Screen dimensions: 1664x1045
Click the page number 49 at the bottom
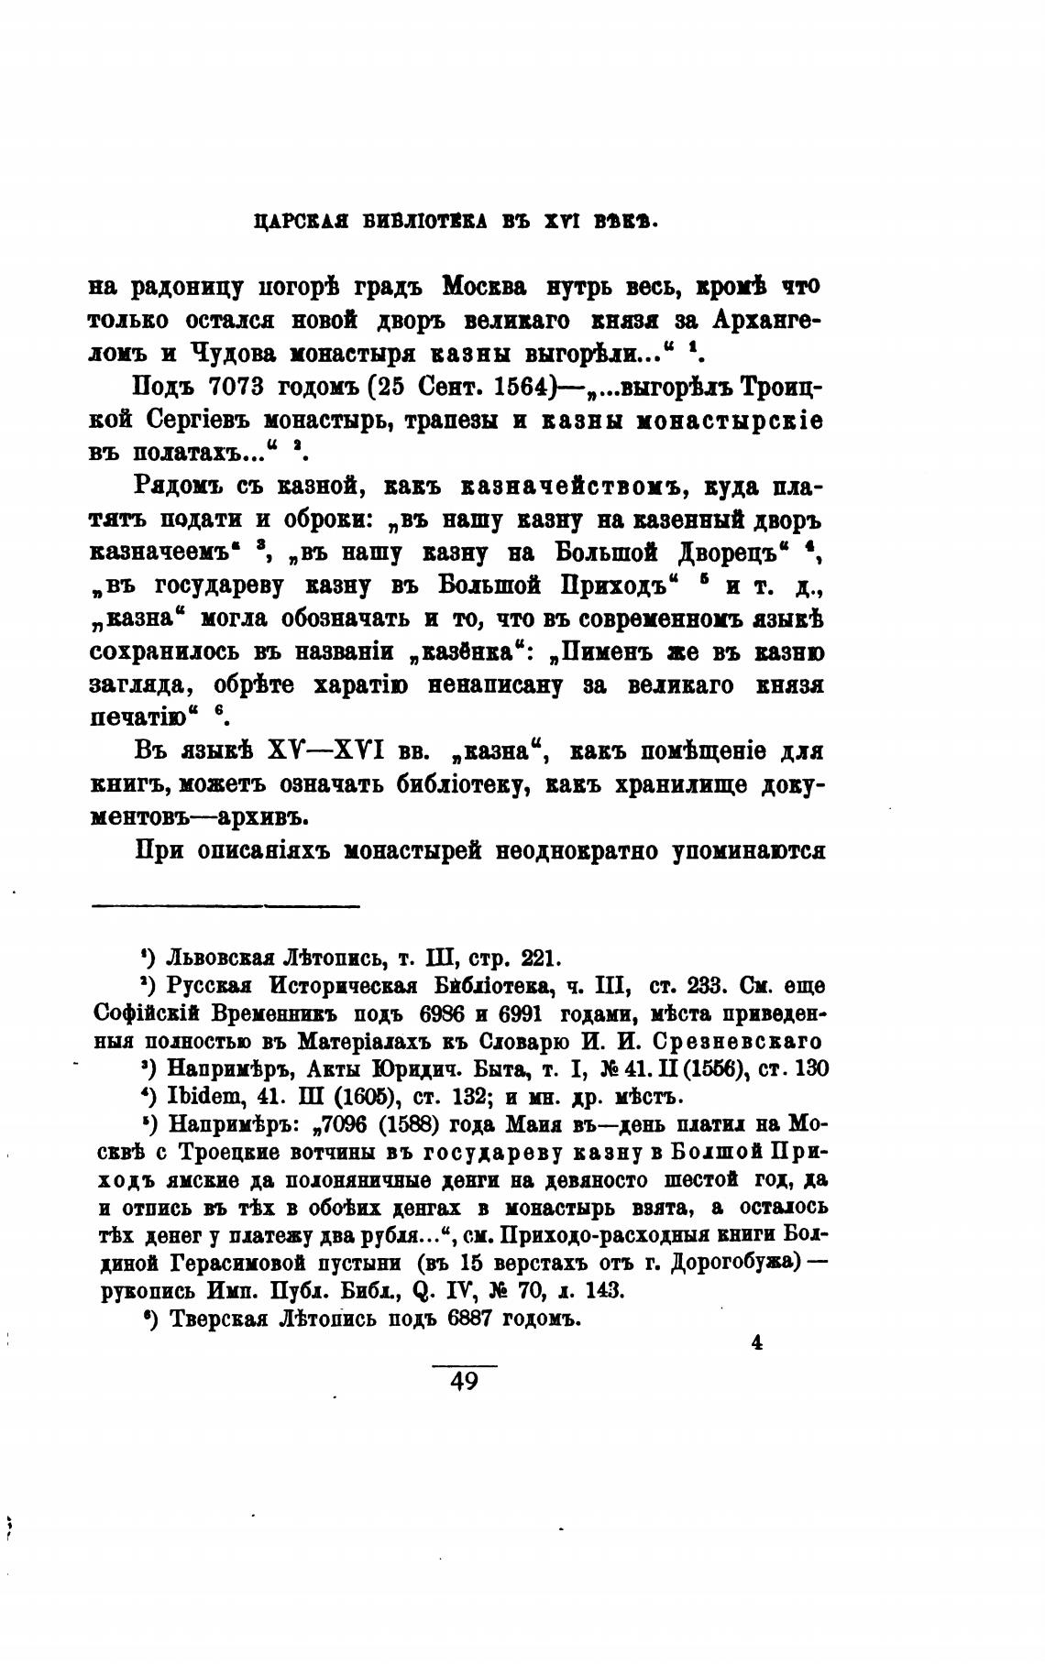click(x=465, y=1381)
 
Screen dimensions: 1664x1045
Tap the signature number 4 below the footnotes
click(x=757, y=1342)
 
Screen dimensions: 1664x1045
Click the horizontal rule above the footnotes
click(x=225, y=907)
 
